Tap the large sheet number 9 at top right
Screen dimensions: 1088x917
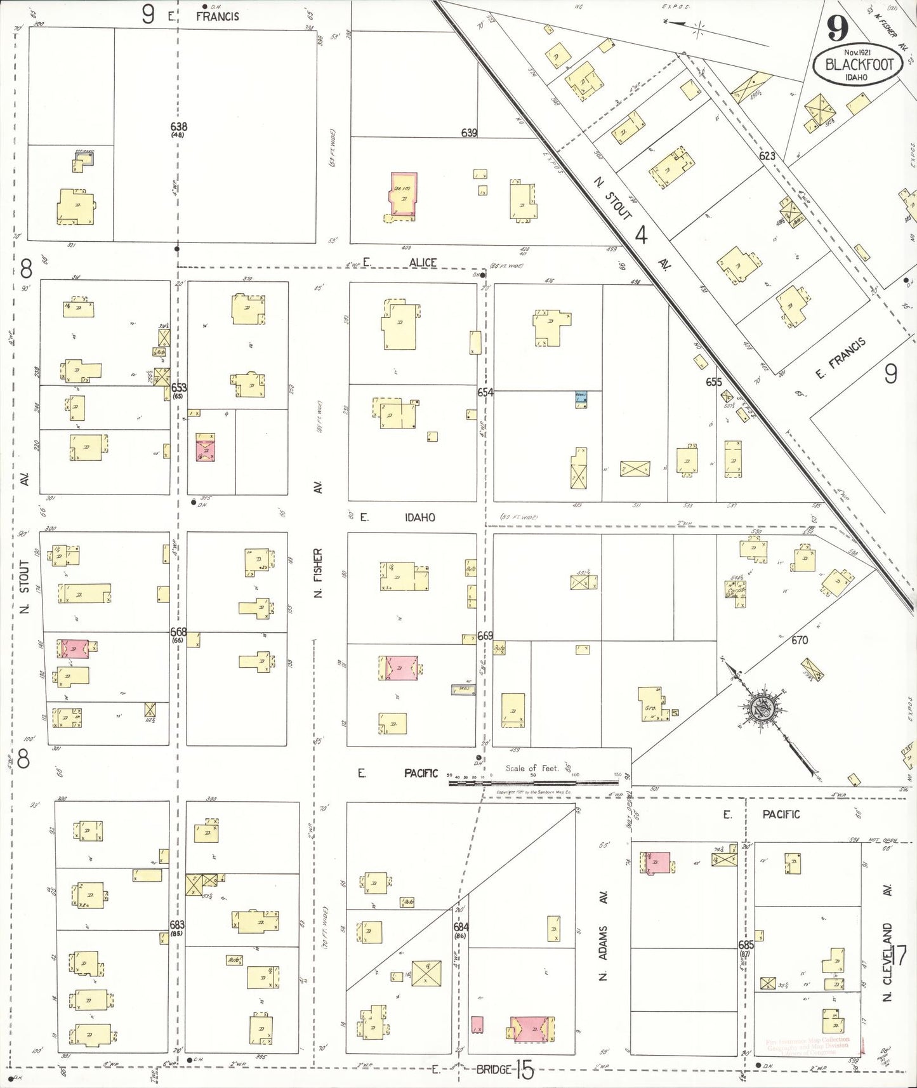point(838,28)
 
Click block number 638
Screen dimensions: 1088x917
point(178,126)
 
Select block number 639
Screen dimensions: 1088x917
point(469,133)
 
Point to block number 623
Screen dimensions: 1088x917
point(767,155)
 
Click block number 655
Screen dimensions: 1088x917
point(714,382)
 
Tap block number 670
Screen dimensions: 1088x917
point(799,640)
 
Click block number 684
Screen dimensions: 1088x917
point(461,927)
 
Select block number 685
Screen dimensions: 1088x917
point(746,945)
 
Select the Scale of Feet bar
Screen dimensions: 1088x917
point(533,782)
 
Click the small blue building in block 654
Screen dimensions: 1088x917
point(581,399)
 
